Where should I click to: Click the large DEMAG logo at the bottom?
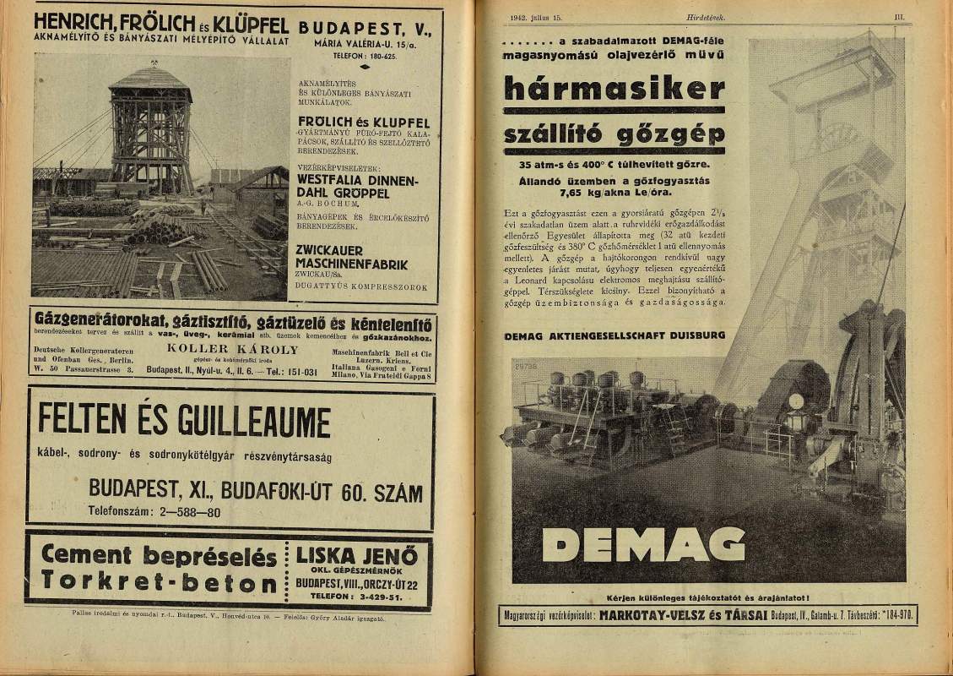(x=642, y=544)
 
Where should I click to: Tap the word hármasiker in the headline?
(x=614, y=88)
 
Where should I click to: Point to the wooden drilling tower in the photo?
(x=151, y=127)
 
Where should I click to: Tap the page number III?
(x=899, y=16)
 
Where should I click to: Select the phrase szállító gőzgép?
(x=614, y=134)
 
